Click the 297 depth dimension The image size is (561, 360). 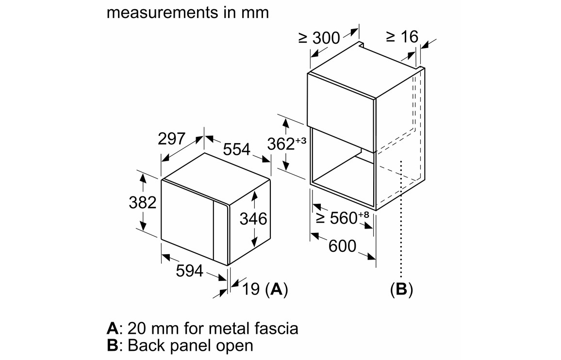pos(171,139)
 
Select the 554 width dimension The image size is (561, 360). pos(236,149)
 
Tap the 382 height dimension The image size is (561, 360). pos(142,202)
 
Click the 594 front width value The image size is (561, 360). pos(189,271)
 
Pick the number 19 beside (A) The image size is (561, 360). pos(250,290)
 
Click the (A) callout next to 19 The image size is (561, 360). pos(277,290)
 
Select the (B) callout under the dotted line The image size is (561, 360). pos(401,290)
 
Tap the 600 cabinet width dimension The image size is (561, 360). pos(342,246)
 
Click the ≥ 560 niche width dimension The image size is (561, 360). pos(342,218)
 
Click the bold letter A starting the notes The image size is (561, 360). pos(112,328)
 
